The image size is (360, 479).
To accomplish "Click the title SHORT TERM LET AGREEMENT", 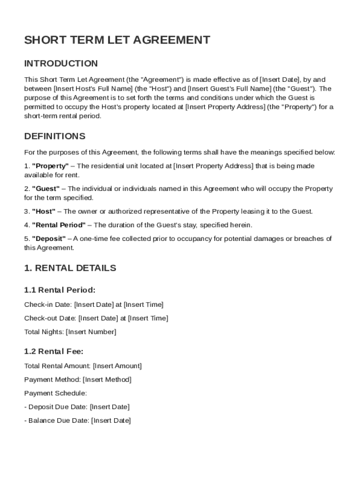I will coord(117,40).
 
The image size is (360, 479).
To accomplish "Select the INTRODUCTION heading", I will coord(61,64).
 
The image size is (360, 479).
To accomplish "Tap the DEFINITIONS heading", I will coord(55,137).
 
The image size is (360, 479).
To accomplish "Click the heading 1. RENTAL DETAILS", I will coord(70,269).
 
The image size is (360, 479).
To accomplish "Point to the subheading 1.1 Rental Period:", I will coord(60,290).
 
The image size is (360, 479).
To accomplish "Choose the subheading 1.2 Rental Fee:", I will coord(54,351).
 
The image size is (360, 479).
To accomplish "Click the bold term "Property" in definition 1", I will coord(50,166).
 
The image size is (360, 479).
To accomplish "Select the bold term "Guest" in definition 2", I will coord(46,189).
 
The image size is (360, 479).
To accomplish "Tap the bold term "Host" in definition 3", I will coord(44,211).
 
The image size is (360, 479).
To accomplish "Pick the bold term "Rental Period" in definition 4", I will coord(59,225).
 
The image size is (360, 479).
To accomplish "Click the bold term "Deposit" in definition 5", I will coord(49,239).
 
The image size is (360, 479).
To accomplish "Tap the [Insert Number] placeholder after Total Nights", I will coord(91,332).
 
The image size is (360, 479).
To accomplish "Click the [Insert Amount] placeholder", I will coord(117,366).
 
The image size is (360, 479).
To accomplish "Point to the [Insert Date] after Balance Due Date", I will coord(111,421).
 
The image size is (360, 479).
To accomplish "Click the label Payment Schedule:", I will coord(56,393).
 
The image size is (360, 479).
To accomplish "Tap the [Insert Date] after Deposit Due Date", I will coord(109,407).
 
